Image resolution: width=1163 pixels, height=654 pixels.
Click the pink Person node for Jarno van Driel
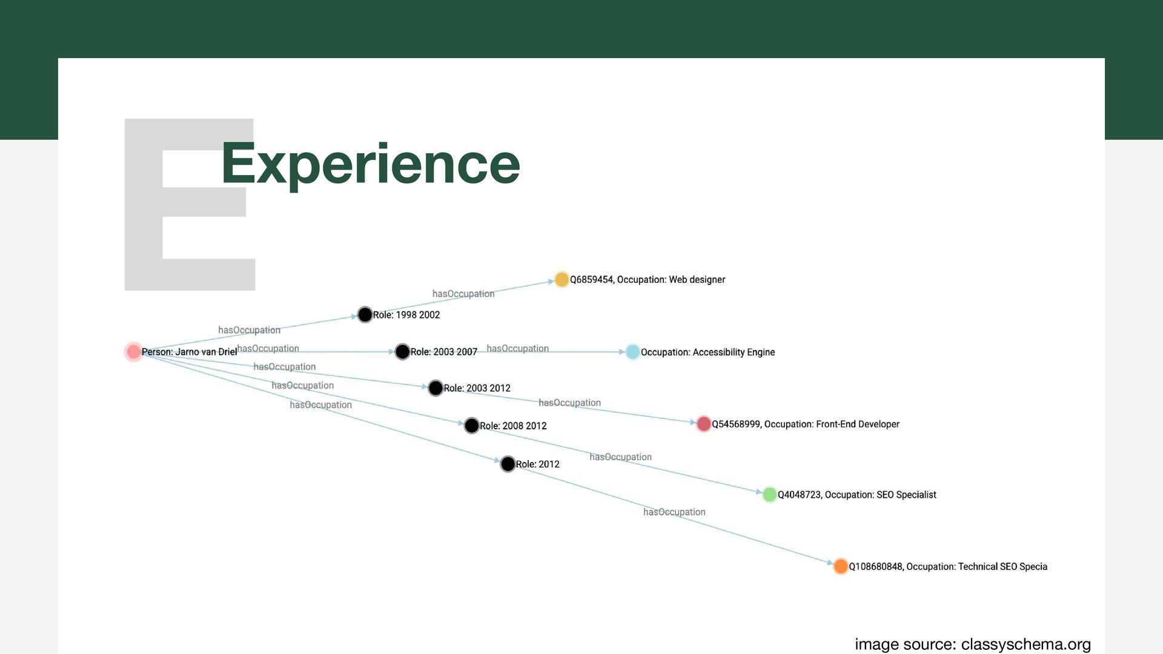[x=133, y=352]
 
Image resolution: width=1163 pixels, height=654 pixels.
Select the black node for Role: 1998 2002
[x=365, y=315]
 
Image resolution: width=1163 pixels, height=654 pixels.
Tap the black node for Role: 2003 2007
[x=402, y=352]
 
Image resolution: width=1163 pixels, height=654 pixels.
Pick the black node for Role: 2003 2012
[x=436, y=388]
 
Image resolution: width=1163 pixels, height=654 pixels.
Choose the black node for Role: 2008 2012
[x=471, y=426]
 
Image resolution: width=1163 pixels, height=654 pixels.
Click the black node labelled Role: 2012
[x=508, y=464]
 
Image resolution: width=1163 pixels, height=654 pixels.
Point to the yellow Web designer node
[x=562, y=279]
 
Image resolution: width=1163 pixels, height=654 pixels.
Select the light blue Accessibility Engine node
[x=632, y=352]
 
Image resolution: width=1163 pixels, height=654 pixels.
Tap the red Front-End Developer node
[x=703, y=424]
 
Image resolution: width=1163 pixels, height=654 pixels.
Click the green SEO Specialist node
[x=769, y=495]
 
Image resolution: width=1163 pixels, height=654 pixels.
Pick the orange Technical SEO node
[x=840, y=566]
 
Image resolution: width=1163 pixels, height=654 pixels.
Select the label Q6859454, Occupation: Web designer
[x=647, y=280]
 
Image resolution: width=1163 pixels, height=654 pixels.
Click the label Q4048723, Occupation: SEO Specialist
[x=857, y=495]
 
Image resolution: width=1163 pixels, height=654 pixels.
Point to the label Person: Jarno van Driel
[x=189, y=352]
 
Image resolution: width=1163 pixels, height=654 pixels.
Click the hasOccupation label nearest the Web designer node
[x=463, y=294]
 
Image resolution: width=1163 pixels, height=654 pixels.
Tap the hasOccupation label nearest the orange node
[x=674, y=512]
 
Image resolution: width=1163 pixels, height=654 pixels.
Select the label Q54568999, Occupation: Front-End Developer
[x=805, y=424]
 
